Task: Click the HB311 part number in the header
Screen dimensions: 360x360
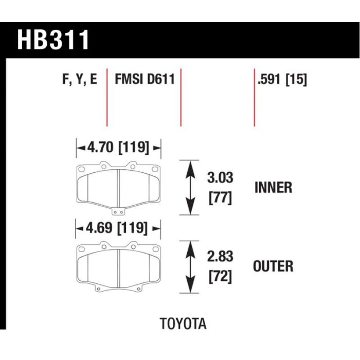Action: pos(53,40)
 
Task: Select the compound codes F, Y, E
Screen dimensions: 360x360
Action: pos(80,79)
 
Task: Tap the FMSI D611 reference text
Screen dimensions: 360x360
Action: pos(145,79)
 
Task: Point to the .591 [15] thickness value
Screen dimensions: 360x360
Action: pos(282,80)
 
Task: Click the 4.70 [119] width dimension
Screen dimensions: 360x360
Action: pos(118,147)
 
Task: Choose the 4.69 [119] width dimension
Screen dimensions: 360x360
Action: pos(117,228)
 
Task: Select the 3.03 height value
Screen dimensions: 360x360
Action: pos(220,178)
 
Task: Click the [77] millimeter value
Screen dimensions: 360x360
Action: pos(220,197)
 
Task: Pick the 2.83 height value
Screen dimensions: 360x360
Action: pos(220,256)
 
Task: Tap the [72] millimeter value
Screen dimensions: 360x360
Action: pos(220,276)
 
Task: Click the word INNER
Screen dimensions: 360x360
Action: pos(273,187)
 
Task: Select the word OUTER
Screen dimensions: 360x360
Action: pos(273,266)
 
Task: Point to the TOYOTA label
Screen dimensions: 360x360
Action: pos(183,323)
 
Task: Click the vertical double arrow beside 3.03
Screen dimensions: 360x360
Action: pos(190,188)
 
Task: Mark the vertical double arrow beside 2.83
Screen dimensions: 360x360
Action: pos(190,267)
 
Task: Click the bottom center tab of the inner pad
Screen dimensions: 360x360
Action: pos(118,212)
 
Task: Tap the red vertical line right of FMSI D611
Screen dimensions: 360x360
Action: pos(181,97)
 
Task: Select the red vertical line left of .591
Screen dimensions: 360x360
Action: pos(255,97)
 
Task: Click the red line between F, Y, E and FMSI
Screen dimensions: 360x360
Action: pos(107,97)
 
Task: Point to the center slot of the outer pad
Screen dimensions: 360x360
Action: pos(118,268)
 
